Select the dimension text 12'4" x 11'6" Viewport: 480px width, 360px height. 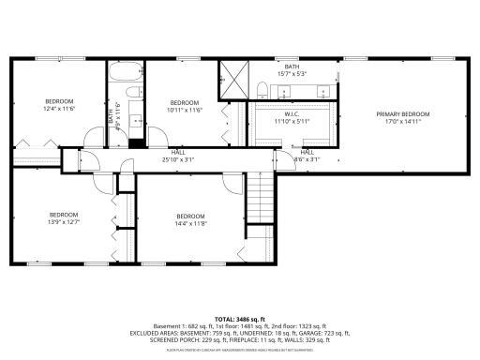pos(60,109)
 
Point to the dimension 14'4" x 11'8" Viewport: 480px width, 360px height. pos(189,223)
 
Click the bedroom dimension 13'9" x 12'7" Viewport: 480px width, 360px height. pos(63,221)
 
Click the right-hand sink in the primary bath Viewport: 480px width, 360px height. pos(322,92)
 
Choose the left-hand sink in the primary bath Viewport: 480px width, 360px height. pos(289,92)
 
